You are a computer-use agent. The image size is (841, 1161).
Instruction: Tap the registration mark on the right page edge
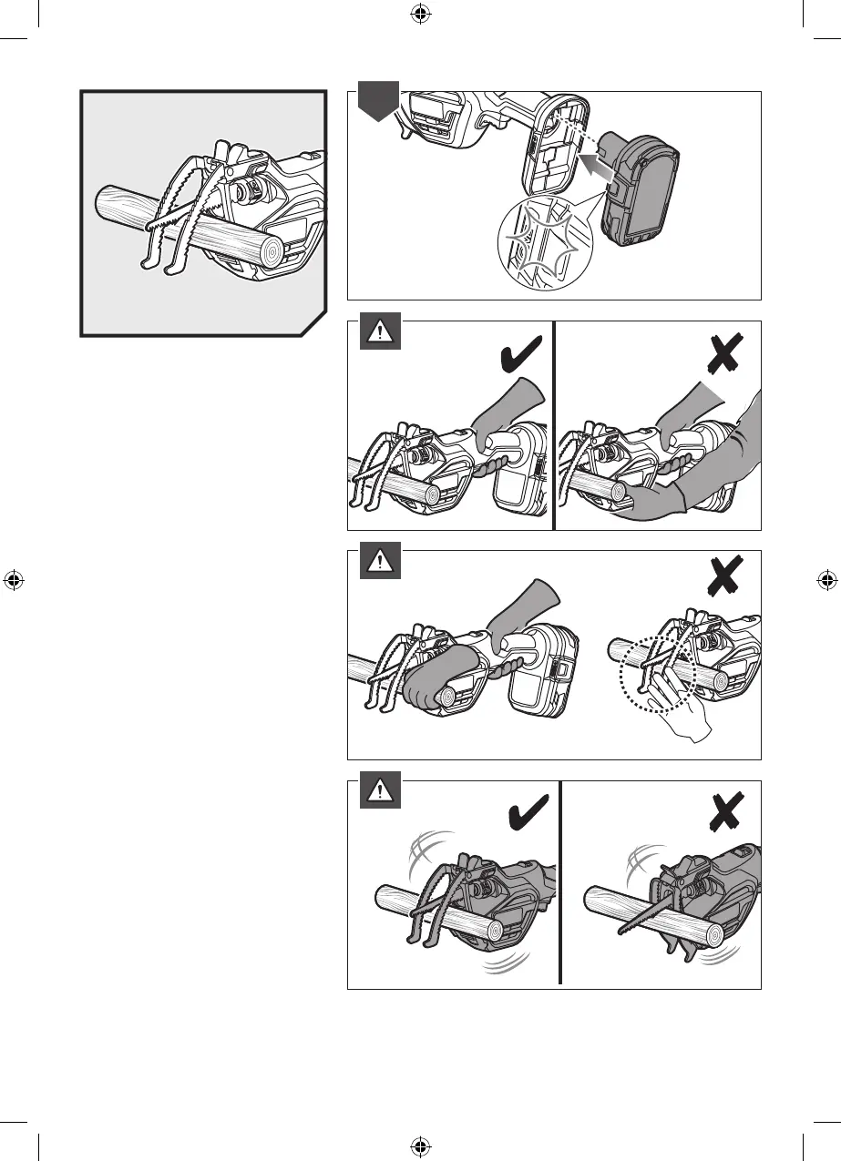coord(826,579)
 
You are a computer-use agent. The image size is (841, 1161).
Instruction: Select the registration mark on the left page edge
coord(13,579)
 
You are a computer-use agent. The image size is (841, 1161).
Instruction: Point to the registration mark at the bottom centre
coord(419,1146)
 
